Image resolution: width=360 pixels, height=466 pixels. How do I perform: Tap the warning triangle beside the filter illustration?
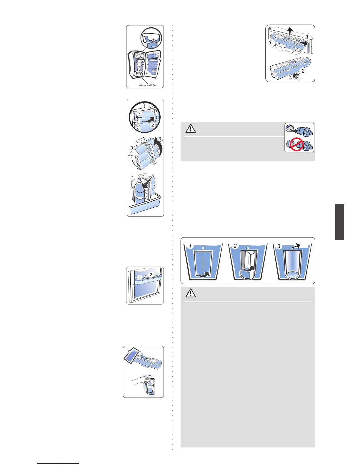[191, 129]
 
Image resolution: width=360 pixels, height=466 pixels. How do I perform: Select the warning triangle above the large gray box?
[191, 293]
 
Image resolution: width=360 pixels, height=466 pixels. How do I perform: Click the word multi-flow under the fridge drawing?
[152, 85]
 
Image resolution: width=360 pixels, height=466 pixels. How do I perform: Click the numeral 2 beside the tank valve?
[303, 71]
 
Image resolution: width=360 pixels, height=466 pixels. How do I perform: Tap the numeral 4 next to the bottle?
[132, 178]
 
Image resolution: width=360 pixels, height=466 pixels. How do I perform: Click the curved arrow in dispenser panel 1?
[204, 274]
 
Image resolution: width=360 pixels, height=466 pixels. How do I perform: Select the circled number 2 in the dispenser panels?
[235, 246]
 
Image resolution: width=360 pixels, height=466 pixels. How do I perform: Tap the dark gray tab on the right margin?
[339, 222]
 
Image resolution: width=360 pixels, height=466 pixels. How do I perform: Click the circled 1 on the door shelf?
[140, 277]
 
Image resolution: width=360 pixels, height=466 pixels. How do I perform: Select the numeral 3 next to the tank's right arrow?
[306, 37]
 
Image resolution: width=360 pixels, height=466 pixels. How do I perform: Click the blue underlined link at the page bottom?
[58, 464]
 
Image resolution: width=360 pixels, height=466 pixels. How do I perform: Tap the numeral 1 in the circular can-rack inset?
[140, 113]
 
